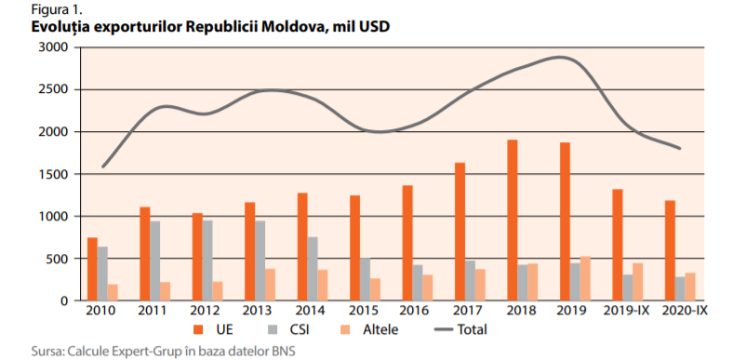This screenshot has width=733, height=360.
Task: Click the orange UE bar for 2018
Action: (x=512, y=220)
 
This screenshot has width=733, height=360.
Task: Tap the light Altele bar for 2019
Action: (x=585, y=278)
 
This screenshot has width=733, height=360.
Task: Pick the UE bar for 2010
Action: (x=92, y=269)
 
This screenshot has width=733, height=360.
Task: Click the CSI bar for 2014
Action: (x=312, y=268)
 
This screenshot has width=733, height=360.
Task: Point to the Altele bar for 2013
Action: (x=270, y=285)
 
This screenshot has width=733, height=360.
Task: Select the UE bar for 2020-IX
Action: (x=670, y=250)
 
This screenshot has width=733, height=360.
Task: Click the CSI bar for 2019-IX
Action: (x=627, y=287)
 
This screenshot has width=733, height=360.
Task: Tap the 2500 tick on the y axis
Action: (x=54, y=89)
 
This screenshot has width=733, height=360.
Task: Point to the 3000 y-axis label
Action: (x=54, y=47)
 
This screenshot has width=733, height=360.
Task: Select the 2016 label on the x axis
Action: (x=415, y=311)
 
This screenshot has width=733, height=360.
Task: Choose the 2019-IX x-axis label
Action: (x=627, y=311)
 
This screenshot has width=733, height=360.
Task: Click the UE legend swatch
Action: (x=199, y=330)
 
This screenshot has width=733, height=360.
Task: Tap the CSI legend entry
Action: (x=288, y=329)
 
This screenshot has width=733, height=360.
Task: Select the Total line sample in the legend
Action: (x=443, y=330)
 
